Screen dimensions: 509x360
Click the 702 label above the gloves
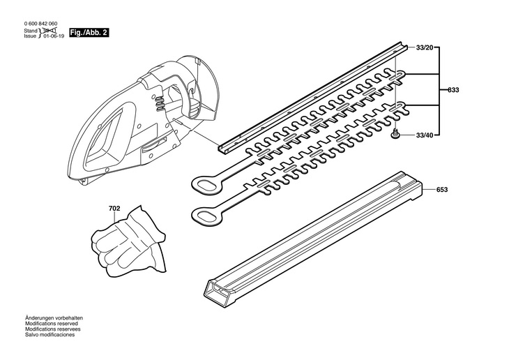click(x=114, y=208)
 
